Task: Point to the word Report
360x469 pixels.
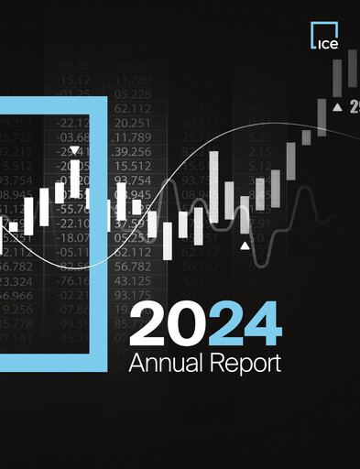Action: point(245,364)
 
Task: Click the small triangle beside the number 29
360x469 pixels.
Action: point(337,108)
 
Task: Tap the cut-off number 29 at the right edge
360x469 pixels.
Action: point(354,108)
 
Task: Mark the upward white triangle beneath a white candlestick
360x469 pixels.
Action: point(245,246)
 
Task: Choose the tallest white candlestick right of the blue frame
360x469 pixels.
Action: point(214,185)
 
